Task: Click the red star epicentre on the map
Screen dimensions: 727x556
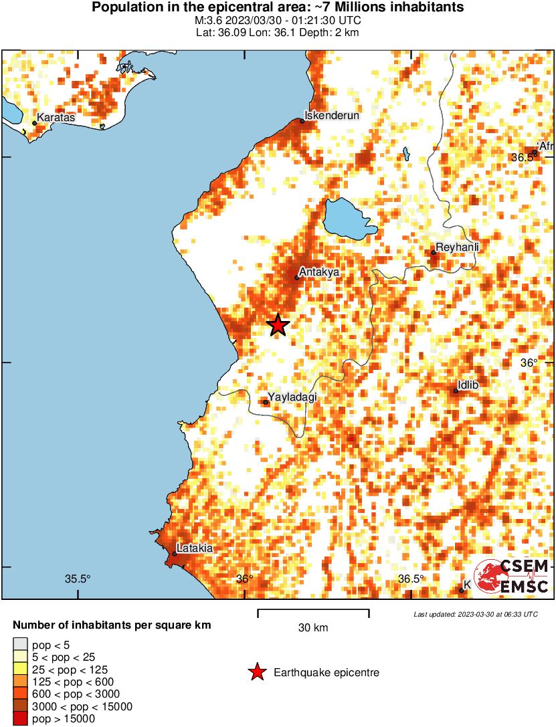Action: pos(278,326)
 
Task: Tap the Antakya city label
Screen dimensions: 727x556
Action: pos(319,272)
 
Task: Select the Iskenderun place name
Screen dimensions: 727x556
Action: pos(333,116)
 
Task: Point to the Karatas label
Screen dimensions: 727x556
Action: pos(56,118)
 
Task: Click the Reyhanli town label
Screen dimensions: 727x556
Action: pos(458,247)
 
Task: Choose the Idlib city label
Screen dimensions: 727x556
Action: pos(468,386)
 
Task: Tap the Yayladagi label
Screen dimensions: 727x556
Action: pos(292,397)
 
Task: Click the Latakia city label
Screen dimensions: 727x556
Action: pos(195,548)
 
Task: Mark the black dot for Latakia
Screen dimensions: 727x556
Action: pos(175,554)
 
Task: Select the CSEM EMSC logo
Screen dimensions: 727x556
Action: pos(512,577)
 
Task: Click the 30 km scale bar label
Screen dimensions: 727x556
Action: pos(313,627)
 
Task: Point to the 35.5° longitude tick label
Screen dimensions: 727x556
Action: pos(78,579)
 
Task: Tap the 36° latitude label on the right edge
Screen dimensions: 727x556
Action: pos(529,363)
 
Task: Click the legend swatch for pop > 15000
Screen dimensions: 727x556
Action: pos(21,719)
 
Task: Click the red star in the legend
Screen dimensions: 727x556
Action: pos(256,673)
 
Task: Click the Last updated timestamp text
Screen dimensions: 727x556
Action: pos(475,614)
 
